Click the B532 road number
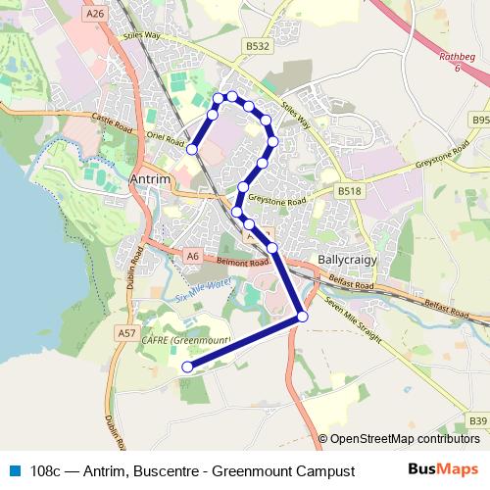(258, 46)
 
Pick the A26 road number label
(95, 14)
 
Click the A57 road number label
(126, 333)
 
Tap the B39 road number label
(477, 420)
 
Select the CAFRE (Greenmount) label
(185, 339)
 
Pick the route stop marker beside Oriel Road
(193, 148)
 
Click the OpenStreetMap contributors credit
(404, 439)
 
